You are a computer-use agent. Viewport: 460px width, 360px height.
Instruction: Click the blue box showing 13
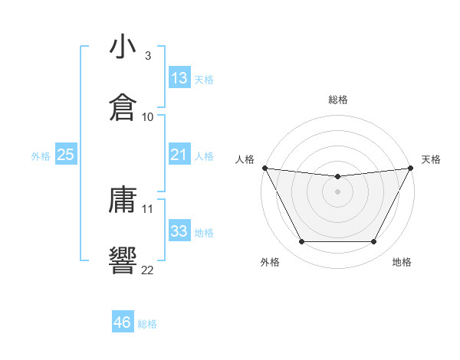pos(179,78)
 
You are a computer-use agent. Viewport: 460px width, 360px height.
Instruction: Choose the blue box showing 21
pos(179,155)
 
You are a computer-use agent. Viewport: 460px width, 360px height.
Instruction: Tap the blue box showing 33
pos(179,231)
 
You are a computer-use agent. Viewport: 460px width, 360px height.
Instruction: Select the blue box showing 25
pos(66,155)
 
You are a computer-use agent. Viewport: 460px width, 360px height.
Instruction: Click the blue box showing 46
pos(123,322)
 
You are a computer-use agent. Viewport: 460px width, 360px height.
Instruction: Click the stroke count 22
pos(148,269)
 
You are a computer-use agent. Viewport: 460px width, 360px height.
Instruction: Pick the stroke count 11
pos(148,208)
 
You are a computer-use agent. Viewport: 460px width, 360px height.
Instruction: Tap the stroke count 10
pos(148,116)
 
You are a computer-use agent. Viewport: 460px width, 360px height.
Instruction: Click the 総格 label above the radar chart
pos(337,100)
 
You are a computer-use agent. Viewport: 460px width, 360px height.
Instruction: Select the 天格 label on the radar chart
pos(432,159)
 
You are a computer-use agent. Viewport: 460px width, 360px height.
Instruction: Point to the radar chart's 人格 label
pos(245,159)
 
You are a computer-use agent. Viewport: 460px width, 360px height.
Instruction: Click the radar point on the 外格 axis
pos(301,242)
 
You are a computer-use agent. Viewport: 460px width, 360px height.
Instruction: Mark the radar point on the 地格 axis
pos(374,242)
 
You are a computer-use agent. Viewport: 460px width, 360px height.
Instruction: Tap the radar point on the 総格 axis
pos(337,177)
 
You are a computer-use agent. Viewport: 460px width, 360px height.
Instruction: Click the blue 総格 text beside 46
pos(147,324)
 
